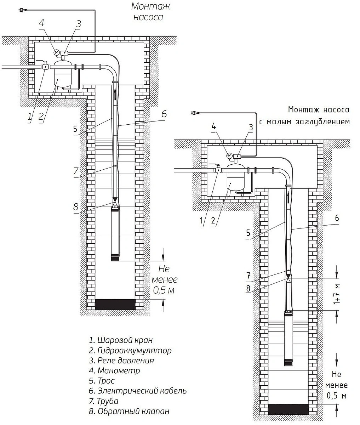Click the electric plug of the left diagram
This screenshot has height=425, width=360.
point(22,11)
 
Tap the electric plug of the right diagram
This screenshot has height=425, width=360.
point(194,113)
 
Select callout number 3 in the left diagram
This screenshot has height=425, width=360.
point(79,24)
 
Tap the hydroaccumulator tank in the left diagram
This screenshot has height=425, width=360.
point(62,75)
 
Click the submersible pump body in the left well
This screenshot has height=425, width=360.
point(116,234)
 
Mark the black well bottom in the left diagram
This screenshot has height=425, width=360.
point(115,304)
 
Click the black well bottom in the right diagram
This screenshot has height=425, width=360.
point(289,409)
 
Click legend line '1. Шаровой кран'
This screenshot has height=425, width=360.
point(121,340)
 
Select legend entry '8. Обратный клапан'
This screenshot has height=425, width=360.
point(129,412)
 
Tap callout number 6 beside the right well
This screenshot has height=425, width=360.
point(337,218)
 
